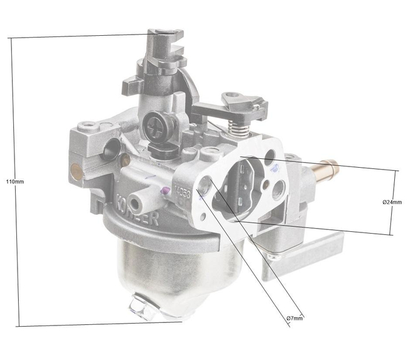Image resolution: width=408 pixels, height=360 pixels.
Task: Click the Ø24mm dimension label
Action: point(392,202)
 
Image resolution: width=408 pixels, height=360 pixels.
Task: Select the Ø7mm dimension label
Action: point(294,319)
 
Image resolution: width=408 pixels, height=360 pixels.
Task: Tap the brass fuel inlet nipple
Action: point(328,168)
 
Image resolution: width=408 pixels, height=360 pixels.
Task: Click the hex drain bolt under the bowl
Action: point(141,307)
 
